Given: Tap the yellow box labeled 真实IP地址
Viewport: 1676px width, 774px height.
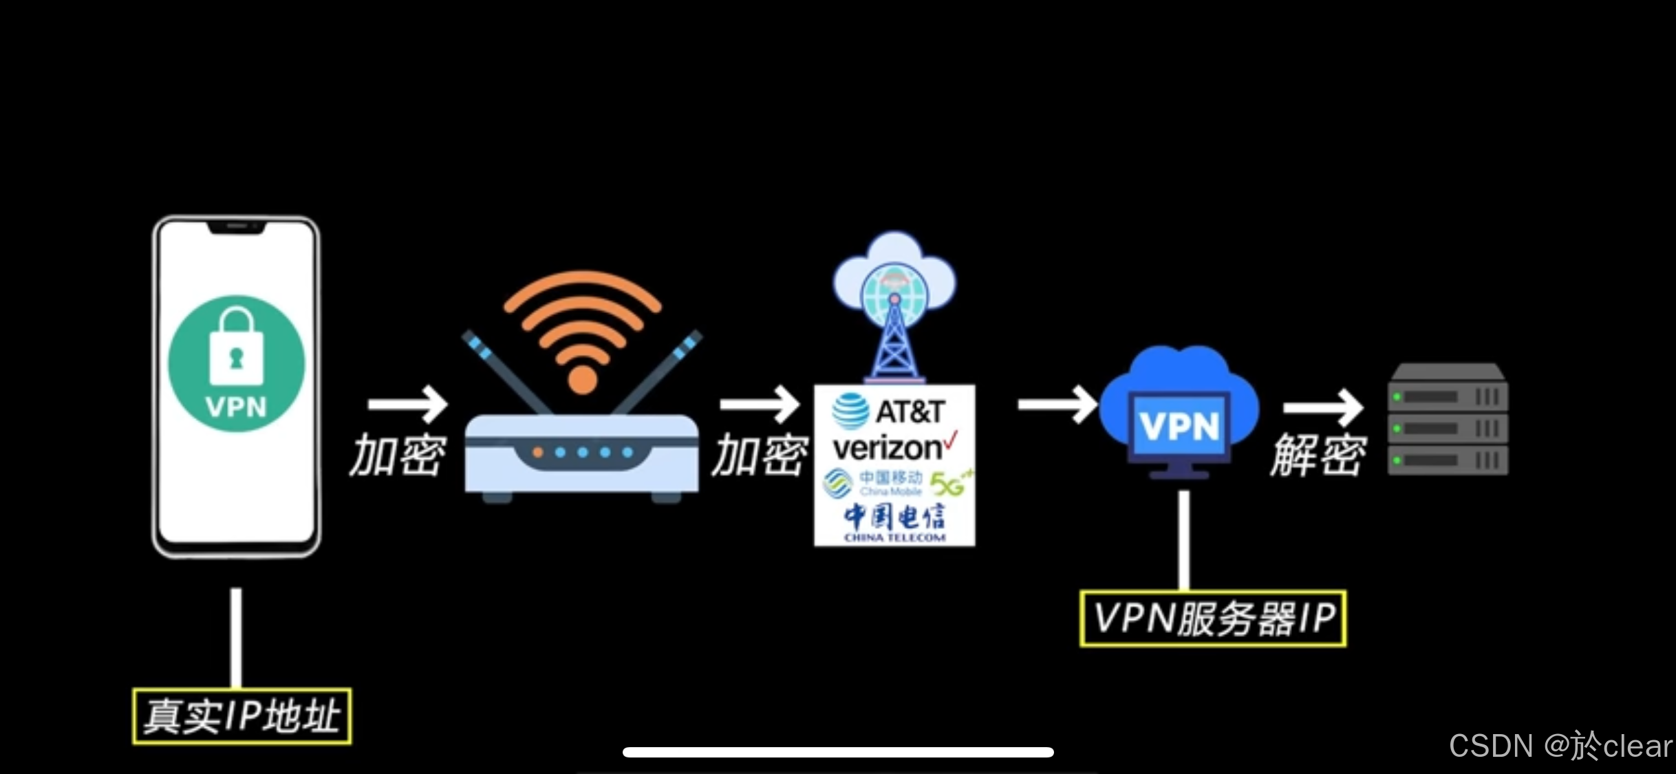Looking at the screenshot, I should (x=241, y=716).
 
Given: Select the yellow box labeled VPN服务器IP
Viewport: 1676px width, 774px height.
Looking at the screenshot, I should (x=1213, y=619).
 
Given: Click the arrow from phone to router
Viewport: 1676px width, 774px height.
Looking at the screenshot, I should (x=407, y=404).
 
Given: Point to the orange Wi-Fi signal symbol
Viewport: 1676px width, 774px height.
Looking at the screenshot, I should (x=582, y=330).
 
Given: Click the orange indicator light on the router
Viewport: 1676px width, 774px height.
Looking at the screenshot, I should (x=538, y=453).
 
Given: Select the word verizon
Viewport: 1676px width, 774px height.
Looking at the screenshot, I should (x=887, y=449).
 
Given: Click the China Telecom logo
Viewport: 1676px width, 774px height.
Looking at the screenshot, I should (x=894, y=522).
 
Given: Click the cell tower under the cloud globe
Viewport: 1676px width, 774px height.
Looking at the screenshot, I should (x=894, y=341).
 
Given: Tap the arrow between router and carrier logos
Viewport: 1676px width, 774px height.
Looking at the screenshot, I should (x=760, y=404).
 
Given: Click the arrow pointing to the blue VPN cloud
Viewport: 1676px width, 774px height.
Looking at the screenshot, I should (x=1057, y=404).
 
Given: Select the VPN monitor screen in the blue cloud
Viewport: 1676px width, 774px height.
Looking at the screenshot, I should (x=1179, y=427).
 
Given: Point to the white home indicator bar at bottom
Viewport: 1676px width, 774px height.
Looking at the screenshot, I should (x=838, y=752).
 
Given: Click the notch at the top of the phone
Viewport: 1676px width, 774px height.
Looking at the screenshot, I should (x=237, y=226).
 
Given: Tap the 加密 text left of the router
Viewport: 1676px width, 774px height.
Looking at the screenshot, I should (x=398, y=455).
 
